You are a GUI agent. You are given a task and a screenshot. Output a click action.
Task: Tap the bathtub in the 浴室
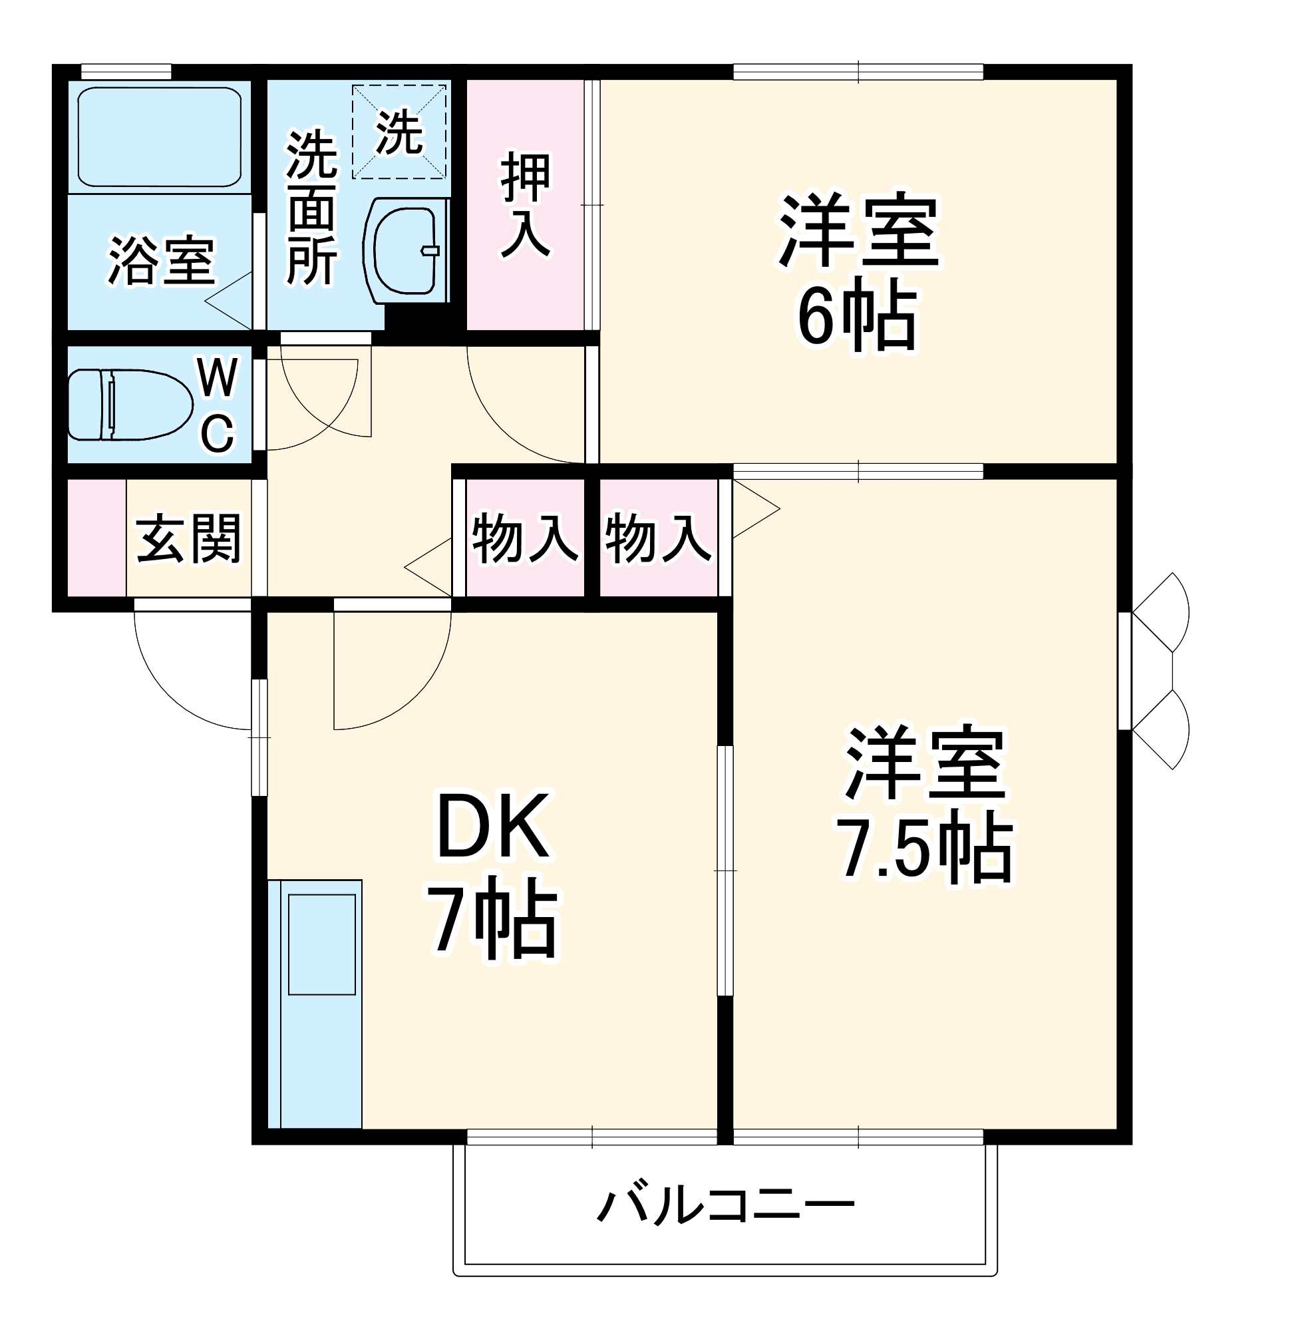pyautogui.click(x=159, y=136)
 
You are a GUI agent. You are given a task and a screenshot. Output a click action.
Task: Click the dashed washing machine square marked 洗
pyautogui.click(x=399, y=132)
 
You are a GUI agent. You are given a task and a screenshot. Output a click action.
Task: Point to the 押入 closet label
pyautogui.click(x=526, y=205)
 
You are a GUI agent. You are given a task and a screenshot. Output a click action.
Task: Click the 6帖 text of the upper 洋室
pyautogui.click(x=858, y=313)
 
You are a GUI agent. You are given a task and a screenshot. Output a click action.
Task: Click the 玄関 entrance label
pyautogui.click(x=189, y=538)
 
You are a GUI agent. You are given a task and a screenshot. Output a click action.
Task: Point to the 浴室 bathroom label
pyautogui.click(x=161, y=262)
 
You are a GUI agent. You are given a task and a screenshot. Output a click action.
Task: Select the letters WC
pyautogui.click(x=218, y=405)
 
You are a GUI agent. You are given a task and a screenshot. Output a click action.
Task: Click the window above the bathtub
pyautogui.click(x=125, y=72)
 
